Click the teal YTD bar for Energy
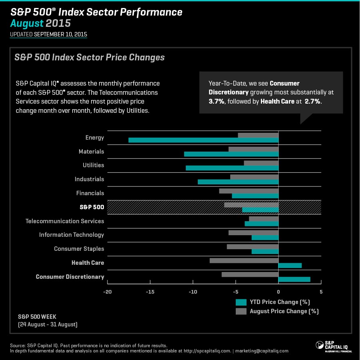click(x=203, y=140)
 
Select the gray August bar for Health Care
click(x=244, y=260)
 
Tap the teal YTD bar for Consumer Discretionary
click(x=294, y=279)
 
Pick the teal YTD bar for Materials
click(x=231, y=154)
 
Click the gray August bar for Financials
click(x=249, y=191)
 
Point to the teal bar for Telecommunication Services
click(x=261, y=224)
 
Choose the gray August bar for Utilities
click(x=261, y=163)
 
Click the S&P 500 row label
click(x=91, y=207)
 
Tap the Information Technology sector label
click(x=72, y=235)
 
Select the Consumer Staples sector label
click(x=79, y=249)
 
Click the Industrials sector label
click(x=89, y=179)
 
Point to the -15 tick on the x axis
click(x=150, y=292)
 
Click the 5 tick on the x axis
click(x=321, y=292)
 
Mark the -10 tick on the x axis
click(x=193, y=292)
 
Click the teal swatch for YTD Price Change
click(x=241, y=302)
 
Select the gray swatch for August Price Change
click(x=241, y=311)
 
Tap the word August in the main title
click(x=27, y=23)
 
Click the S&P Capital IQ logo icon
click(x=320, y=345)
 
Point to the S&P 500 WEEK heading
click(x=37, y=316)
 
